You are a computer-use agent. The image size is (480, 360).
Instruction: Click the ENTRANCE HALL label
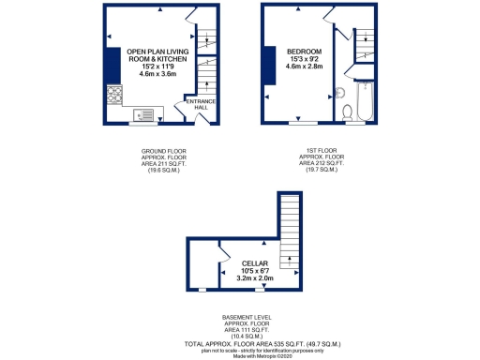pyautogui.click(x=202, y=103)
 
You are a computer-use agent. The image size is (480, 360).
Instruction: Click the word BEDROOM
pyautogui.click(x=304, y=51)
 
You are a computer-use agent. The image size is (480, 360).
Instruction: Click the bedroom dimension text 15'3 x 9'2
pyautogui.click(x=304, y=58)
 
